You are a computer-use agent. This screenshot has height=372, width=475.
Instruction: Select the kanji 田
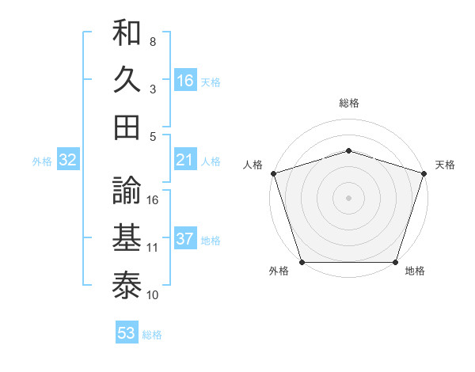click(127, 127)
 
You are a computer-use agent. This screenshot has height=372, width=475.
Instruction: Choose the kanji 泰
click(127, 283)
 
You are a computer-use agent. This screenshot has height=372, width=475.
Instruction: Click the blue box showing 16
click(184, 80)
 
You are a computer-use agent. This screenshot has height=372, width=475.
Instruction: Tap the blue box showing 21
click(184, 161)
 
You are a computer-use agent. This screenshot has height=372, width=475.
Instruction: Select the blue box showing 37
click(184, 240)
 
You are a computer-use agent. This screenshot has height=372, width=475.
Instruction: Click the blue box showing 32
click(67, 161)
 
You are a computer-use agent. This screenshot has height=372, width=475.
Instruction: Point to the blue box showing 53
click(127, 333)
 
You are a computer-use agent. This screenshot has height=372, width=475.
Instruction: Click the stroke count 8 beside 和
click(153, 41)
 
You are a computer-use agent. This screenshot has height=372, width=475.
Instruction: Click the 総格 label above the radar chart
click(349, 103)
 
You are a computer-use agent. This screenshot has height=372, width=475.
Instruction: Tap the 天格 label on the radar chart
click(445, 165)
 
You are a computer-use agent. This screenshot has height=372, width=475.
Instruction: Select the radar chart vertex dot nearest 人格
click(273, 173)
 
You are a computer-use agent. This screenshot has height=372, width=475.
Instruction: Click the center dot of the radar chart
click(348, 197)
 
